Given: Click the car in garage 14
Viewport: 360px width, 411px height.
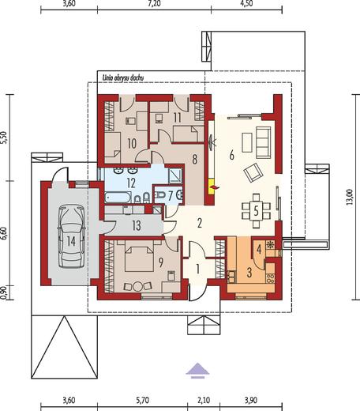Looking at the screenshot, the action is click(71, 236).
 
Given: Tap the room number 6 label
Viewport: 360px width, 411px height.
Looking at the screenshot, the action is click(231, 155).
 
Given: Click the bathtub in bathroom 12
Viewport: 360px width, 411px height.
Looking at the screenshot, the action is click(118, 198).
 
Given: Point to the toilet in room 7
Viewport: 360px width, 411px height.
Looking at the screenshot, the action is click(160, 195).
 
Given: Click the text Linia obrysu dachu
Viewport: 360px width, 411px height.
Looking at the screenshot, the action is click(122, 78).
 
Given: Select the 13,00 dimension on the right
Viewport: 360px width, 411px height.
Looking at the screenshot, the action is click(349, 197).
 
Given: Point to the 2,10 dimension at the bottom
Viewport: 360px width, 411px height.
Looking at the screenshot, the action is click(204, 401).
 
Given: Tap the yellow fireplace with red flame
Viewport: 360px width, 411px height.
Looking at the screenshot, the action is click(212, 187).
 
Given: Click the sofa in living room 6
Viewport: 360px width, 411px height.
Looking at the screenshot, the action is click(264, 142).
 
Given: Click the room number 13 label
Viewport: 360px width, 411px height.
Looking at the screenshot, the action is click(137, 226).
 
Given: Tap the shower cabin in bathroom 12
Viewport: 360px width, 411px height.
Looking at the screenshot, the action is click(175, 175).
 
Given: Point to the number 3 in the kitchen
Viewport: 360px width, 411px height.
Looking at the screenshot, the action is click(249, 273).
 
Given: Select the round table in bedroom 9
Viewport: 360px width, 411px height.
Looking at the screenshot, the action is click(137, 286).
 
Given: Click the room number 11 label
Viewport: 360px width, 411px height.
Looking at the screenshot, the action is click(177, 118).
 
